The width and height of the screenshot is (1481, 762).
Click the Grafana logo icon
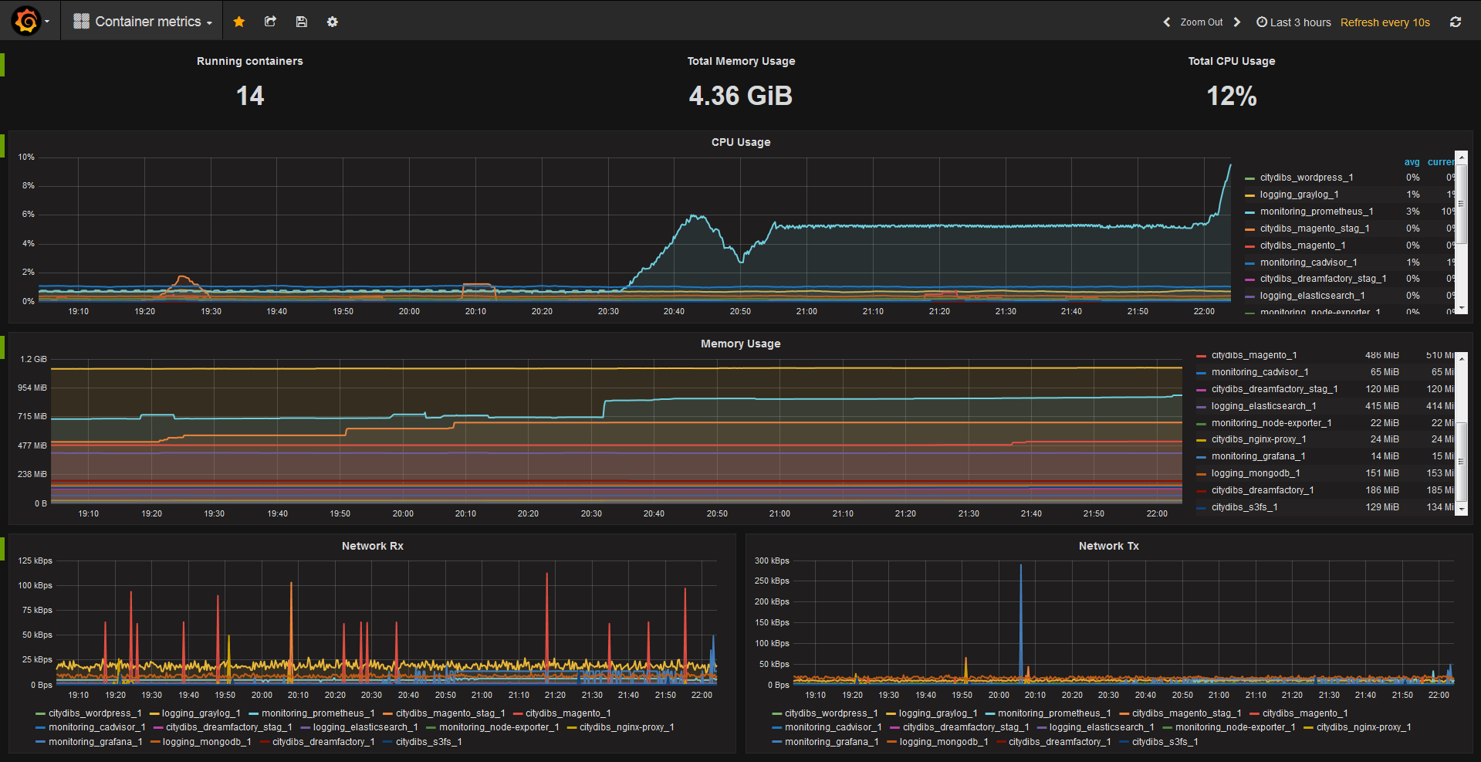[x=26, y=21]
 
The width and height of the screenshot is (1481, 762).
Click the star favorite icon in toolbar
[x=239, y=22]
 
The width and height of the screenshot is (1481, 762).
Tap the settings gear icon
[x=333, y=22]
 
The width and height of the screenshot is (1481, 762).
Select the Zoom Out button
[x=1201, y=22]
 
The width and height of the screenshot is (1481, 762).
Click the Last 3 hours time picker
[x=1294, y=22]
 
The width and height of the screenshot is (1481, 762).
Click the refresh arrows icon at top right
[x=1456, y=22]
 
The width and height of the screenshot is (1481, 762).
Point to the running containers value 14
[x=250, y=97]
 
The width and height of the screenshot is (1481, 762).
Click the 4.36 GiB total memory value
[x=740, y=97]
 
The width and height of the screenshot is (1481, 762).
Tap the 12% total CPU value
[x=1231, y=97]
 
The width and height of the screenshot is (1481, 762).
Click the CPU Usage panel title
[x=740, y=142]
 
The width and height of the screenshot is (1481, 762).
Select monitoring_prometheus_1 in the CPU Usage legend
[x=1316, y=212]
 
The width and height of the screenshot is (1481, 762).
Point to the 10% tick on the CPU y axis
[x=26, y=157]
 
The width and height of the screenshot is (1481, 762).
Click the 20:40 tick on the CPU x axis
[x=674, y=312]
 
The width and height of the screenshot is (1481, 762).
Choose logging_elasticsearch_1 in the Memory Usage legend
[x=1263, y=406]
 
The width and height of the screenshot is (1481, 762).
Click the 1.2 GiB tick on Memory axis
[x=33, y=360]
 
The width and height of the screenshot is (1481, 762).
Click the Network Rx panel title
[x=372, y=546]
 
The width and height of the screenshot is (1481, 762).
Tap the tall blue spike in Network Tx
[x=1020, y=602]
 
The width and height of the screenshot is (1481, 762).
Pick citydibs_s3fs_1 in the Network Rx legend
[x=428, y=742]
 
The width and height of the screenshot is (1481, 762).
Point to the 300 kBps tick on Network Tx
[x=772, y=561]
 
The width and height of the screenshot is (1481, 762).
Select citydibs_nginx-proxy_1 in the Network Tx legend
[x=1363, y=727]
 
